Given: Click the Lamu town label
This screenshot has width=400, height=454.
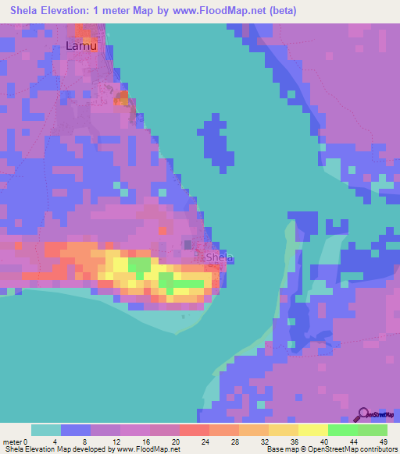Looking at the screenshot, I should pos(81,47).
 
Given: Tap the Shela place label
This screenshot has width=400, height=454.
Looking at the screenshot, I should pos(220,257).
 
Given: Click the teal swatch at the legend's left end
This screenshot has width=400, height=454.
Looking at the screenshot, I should pos(45,430).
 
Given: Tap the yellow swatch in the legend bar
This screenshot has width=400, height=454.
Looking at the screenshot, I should pos(312,430).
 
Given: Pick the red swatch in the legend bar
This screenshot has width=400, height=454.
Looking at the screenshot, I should pos(194,430).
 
